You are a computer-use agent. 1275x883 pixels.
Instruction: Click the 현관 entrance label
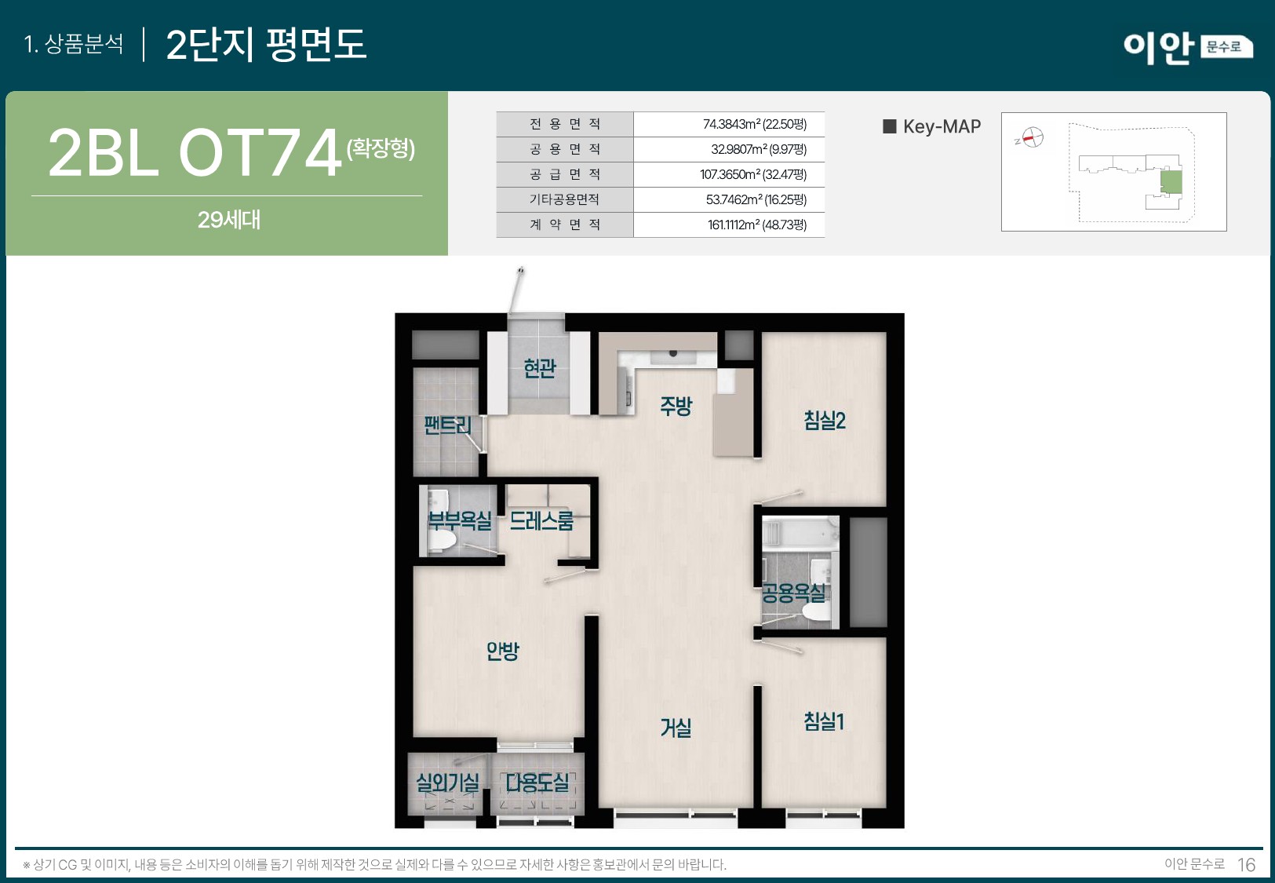540,368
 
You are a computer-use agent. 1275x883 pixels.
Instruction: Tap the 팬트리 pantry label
447,425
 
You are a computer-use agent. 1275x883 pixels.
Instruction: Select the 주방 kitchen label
676,406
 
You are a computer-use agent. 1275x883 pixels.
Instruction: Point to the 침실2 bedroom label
825,421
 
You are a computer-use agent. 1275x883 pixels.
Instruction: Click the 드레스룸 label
541,520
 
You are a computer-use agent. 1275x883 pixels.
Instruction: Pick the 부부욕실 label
460,520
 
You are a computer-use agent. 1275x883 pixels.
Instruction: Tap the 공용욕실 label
793,593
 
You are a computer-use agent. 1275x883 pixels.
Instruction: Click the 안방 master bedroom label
502,651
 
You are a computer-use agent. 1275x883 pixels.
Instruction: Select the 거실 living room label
676,728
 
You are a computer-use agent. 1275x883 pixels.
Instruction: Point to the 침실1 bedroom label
824,721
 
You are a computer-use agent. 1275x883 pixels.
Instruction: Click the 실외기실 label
447,783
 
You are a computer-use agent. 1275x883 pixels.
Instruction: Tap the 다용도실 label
537,783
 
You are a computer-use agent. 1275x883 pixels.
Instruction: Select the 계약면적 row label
564,224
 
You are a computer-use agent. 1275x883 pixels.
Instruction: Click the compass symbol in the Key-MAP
1033,137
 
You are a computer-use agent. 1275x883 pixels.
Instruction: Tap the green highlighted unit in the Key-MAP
1171,182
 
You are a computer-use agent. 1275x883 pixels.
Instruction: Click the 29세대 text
228,220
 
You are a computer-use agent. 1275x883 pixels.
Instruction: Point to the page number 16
1246,865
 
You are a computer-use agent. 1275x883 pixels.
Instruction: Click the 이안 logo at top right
1158,47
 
